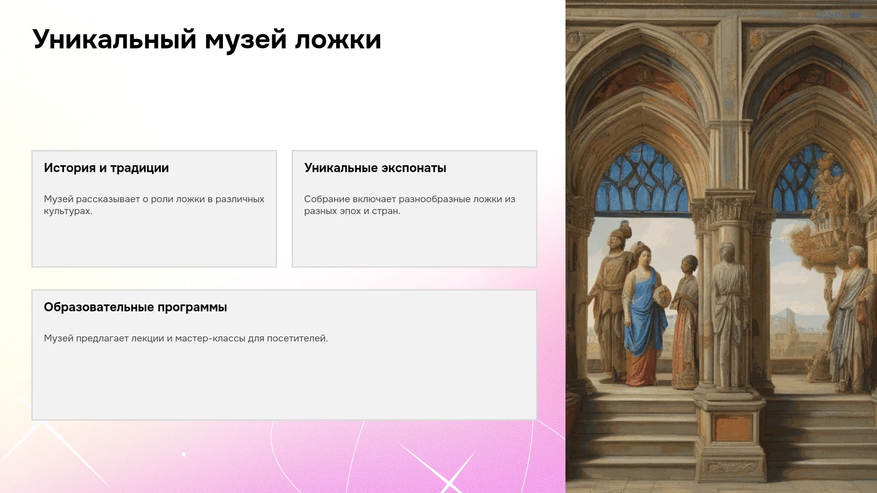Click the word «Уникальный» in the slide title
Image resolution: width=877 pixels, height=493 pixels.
tap(114, 40)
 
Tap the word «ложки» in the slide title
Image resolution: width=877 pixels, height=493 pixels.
tap(338, 40)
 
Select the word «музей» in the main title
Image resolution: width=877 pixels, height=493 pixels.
tap(246, 40)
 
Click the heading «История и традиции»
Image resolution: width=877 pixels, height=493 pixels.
tap(106, 168)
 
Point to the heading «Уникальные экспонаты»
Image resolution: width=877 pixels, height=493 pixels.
tap(375, 168)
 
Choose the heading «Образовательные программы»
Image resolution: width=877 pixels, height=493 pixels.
tap(135, 307)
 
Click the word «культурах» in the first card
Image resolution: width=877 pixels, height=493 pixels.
tap(67, 211)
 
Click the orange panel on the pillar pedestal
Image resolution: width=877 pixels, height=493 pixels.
tap(732, 427)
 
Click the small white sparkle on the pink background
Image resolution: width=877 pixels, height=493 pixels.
tap(184, 454)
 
